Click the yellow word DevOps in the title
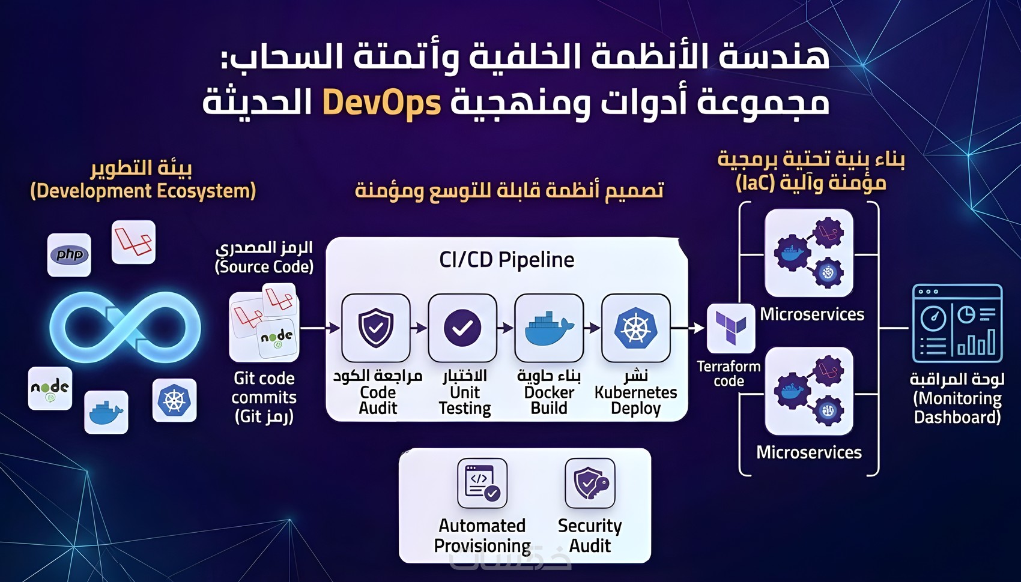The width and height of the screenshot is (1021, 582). pos(381,103)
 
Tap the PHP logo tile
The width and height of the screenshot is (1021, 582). pos(69,255)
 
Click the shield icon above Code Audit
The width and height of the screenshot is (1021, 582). pos(376,328)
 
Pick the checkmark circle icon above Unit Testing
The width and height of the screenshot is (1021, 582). pos(462,328)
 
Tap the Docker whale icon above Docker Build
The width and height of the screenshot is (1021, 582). pos(549,328)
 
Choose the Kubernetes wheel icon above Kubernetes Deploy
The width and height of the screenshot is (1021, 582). pos(635,328)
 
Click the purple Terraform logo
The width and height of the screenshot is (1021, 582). pos(730,328)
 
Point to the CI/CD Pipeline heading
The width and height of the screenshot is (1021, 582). pos(506,260)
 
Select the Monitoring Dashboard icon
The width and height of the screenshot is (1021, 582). pos(957,324)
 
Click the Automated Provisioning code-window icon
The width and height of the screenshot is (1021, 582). pos(482,483)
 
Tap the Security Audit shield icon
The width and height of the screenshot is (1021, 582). pos(590,483)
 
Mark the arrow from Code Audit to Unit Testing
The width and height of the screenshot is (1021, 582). pos(419,328)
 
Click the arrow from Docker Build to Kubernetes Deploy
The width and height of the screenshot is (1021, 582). pos(592,328)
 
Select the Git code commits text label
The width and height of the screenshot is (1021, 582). pos(264,397)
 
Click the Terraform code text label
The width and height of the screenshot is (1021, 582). pos(729,373)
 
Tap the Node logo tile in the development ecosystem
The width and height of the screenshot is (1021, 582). pos(50,389)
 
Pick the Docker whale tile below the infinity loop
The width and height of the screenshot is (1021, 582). pos(106,412)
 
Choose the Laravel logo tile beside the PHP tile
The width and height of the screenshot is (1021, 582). pos(133,242)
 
